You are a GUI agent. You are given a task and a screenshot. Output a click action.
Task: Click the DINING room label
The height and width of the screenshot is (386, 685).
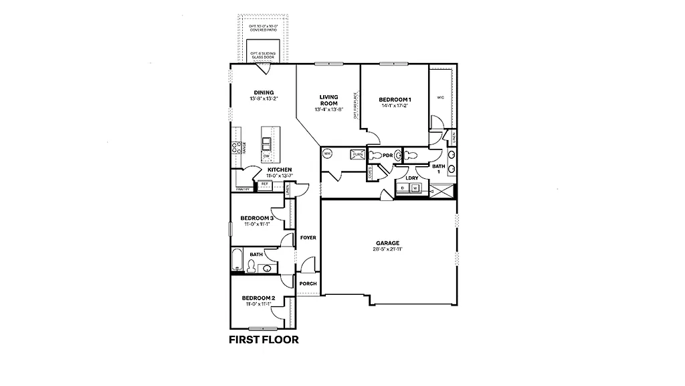click(264, 92)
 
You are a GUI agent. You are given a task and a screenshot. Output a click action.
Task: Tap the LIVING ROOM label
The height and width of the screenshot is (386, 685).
click(328, 101)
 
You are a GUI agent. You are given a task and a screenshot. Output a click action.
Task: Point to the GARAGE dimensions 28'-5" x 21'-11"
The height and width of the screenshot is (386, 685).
click(387, 249)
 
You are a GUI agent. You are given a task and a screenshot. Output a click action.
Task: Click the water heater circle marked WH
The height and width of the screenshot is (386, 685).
click(328, 153)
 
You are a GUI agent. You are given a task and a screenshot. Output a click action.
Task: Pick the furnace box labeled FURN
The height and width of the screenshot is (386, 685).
click(357, 154)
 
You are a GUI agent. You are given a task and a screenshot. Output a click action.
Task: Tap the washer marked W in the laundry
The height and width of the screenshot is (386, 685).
click(415, 188)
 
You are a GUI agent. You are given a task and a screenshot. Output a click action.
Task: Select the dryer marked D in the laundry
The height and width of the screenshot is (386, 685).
click(403, 188)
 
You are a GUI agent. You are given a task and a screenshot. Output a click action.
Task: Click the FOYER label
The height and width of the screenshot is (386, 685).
click(308, 238)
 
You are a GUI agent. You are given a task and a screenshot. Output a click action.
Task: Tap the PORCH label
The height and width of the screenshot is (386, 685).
click(308, 283)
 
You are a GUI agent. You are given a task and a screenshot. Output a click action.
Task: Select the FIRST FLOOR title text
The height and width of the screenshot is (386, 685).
click(264, 339)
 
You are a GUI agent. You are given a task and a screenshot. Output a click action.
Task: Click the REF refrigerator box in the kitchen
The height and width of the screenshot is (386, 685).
click(264, 184)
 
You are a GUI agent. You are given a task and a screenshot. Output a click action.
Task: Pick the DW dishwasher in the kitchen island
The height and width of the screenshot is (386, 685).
click(266, 156)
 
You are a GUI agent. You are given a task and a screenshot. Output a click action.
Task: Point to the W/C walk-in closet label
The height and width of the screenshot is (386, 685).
click(440, 98)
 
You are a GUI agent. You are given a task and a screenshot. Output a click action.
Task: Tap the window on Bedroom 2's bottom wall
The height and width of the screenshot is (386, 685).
click(263, 328)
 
